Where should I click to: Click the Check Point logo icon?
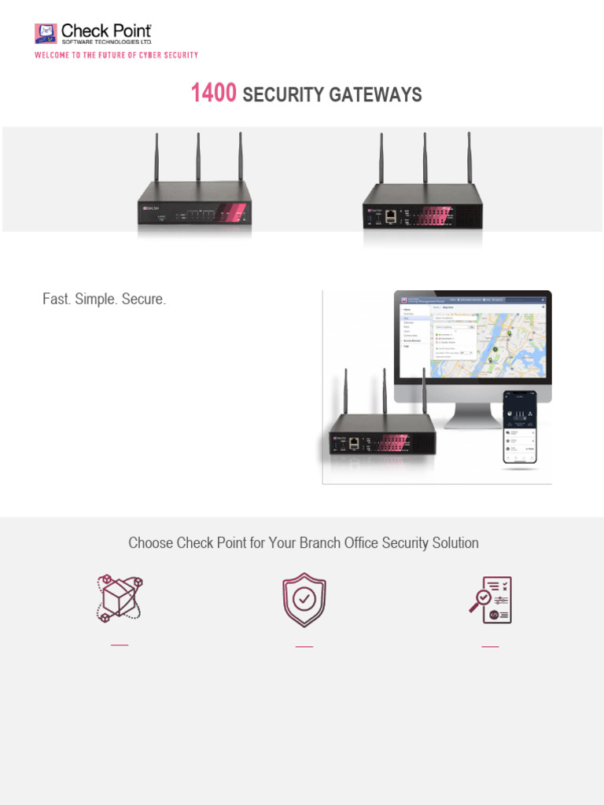point(46,33)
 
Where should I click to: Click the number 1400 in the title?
point(213,94)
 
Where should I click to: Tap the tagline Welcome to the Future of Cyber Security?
point(116,55)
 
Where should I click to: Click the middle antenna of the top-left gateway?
point(198,157)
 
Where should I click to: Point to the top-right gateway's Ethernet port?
point(391,215)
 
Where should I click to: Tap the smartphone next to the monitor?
point(520,427)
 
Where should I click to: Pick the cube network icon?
point(120,599)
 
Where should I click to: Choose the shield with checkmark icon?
point(304,600)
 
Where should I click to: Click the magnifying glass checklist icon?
point(492,600)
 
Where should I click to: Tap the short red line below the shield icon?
point(304,646)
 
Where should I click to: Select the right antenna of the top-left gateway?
point(241,157)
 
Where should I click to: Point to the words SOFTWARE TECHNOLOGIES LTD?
point(107,41)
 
